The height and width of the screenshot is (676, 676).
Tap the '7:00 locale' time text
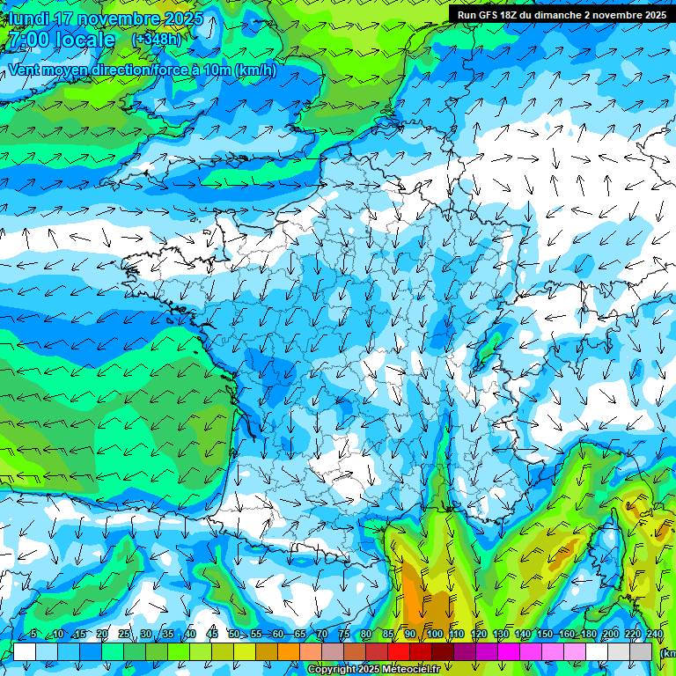(62, 40)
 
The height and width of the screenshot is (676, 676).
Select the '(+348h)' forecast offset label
(156, 40)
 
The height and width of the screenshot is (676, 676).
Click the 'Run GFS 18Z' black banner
(561, 14)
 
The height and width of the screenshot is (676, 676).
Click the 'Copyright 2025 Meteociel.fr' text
(373, 670)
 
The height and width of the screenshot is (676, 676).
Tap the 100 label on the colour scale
(435, 634)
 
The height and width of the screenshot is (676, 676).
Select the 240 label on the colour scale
(655, 634)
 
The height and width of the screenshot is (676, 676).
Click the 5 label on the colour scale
(33, 634)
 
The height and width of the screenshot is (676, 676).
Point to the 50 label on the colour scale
(234, 634)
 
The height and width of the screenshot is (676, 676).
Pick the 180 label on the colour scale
(587, 634)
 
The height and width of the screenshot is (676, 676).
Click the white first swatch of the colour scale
(25, 651)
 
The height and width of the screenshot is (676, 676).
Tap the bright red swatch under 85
(399, 651)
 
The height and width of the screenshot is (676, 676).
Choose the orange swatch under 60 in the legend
(289, 651)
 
